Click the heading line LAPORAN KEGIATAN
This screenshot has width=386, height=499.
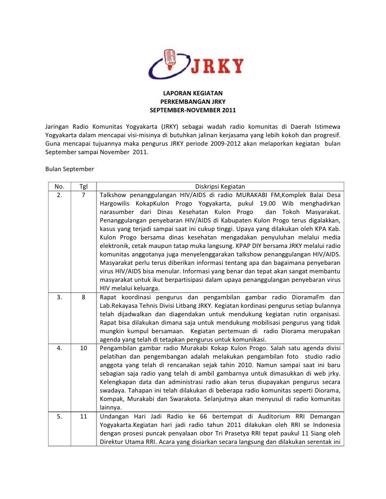[192, 93]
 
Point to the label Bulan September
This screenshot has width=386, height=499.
[70, 169]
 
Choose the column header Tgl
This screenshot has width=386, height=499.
[84, 186]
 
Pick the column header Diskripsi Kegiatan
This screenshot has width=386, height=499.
[220, 186]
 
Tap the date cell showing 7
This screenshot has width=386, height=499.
[84, 195]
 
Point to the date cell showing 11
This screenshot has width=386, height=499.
[84, 416]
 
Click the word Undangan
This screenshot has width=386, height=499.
[115, 416]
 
